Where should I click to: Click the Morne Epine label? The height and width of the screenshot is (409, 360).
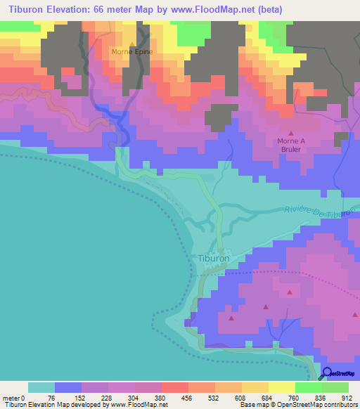(x=132, y=52)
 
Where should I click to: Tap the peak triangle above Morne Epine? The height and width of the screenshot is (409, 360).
(x=132, y=44)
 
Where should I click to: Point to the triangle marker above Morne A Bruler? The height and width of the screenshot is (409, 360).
(x=291, y=132)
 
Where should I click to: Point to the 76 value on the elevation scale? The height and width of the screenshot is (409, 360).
(x=55, y=398)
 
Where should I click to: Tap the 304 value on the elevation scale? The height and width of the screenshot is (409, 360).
(x=136, y=398)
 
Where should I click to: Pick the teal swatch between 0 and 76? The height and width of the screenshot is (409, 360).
(x=41, y=387)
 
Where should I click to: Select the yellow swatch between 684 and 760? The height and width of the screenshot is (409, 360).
(x=282, y=387)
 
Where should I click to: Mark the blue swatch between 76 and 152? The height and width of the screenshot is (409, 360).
(x=68, y=387)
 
